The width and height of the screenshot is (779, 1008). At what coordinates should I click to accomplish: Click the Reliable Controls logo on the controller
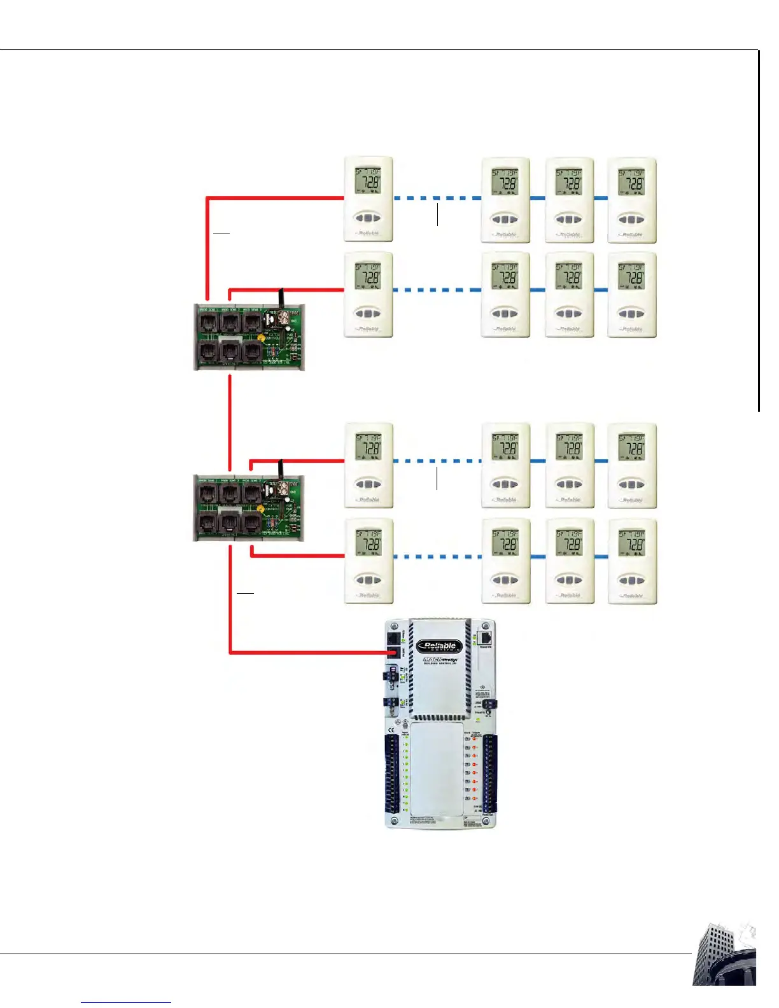[x=440, y=647]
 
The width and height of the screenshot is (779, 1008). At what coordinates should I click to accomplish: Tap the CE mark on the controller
[x=391, y=729]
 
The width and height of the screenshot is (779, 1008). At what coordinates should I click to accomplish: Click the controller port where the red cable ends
[x=393, y=652]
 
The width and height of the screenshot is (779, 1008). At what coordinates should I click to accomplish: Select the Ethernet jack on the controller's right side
[x=485, y=638]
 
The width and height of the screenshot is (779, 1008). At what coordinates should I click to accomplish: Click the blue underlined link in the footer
[x=126, y=1002]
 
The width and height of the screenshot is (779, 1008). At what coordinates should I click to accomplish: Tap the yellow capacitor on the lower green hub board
[x=260, y=508]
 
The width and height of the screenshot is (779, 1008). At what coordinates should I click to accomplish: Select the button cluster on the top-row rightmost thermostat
[x=631, y=219]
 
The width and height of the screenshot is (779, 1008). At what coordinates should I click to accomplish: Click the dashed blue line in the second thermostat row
[x=437, y=290]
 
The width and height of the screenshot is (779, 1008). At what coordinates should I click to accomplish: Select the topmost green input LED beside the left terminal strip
[x=405, y=739]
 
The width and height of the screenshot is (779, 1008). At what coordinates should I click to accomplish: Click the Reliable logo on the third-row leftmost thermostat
[x=368, y=500]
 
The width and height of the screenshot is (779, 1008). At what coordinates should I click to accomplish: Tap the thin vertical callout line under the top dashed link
[x=437, y=214]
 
